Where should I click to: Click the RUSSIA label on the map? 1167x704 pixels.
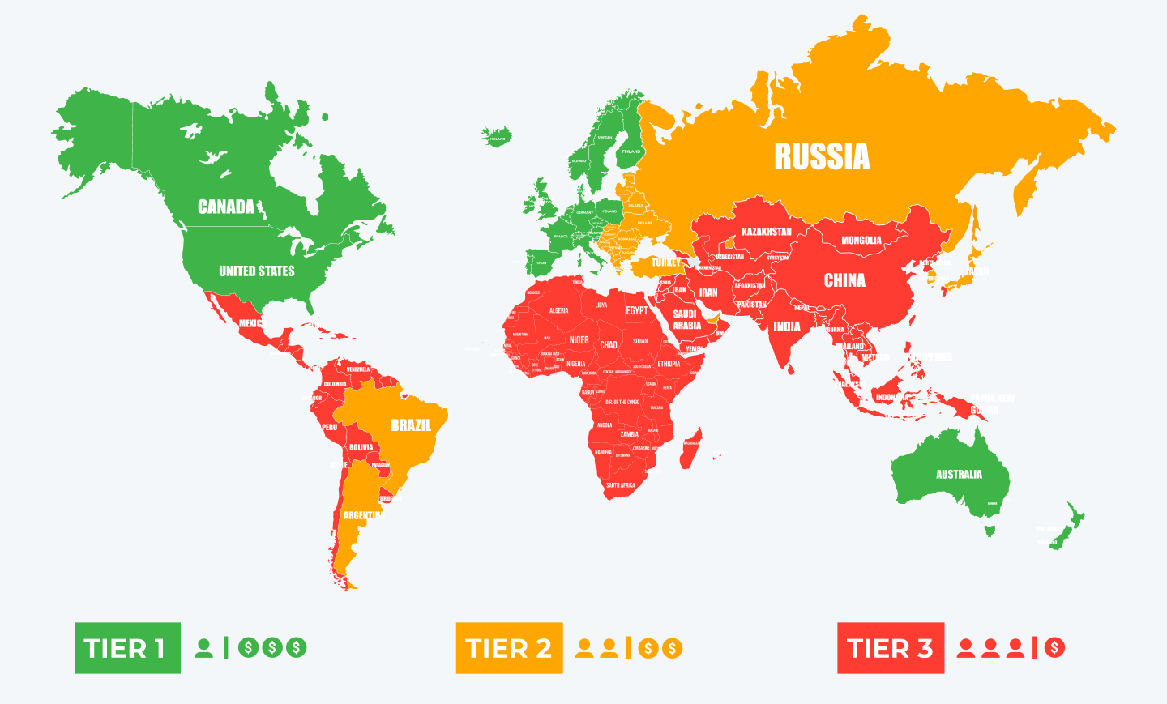pyautogui.click(x=822, y=156)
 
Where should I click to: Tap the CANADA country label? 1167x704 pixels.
pyautogui.click(x=226, y=207)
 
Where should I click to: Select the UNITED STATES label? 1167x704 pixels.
pyautogui.click(x=256, y=271)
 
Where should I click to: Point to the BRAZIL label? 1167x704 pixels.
pyautogui.click(x=411, y=425)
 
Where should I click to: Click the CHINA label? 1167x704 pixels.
pyautogui.click(x=844, y=280)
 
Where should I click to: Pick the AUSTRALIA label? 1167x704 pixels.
pyautogui.click(x=959, y=475)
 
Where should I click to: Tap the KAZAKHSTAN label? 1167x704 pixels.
pyautogui.click(x=766, y=232)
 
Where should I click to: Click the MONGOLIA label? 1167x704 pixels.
pyautogui.click(x=861, y=241)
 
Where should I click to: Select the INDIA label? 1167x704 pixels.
pyautogui.click(x=786, y=327)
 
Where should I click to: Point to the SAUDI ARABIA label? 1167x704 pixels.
pyautogui.click(x=686, y=319)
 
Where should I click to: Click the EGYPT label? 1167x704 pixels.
pyautogui.click(x=636, y=310)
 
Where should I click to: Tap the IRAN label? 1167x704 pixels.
pyautogui.click(x=708, y=292)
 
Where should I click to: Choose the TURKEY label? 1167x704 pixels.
pyautogui.click(x=666, y=262)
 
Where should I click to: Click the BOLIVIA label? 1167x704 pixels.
pyautogui.click(x=361, y=447)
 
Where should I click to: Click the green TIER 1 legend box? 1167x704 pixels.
pyautogui.click(x=127, y=648)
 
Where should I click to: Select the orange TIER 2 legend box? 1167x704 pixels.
pyautogui.click(x=509, y=648)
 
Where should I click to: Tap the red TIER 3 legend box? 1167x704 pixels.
pyautogui.click(x=890, y=648)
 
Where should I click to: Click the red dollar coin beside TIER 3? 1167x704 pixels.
pyautogui.click(x=1054, y=648)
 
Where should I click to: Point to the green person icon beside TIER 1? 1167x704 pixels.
pyautogui.click(x=204, y=648)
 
